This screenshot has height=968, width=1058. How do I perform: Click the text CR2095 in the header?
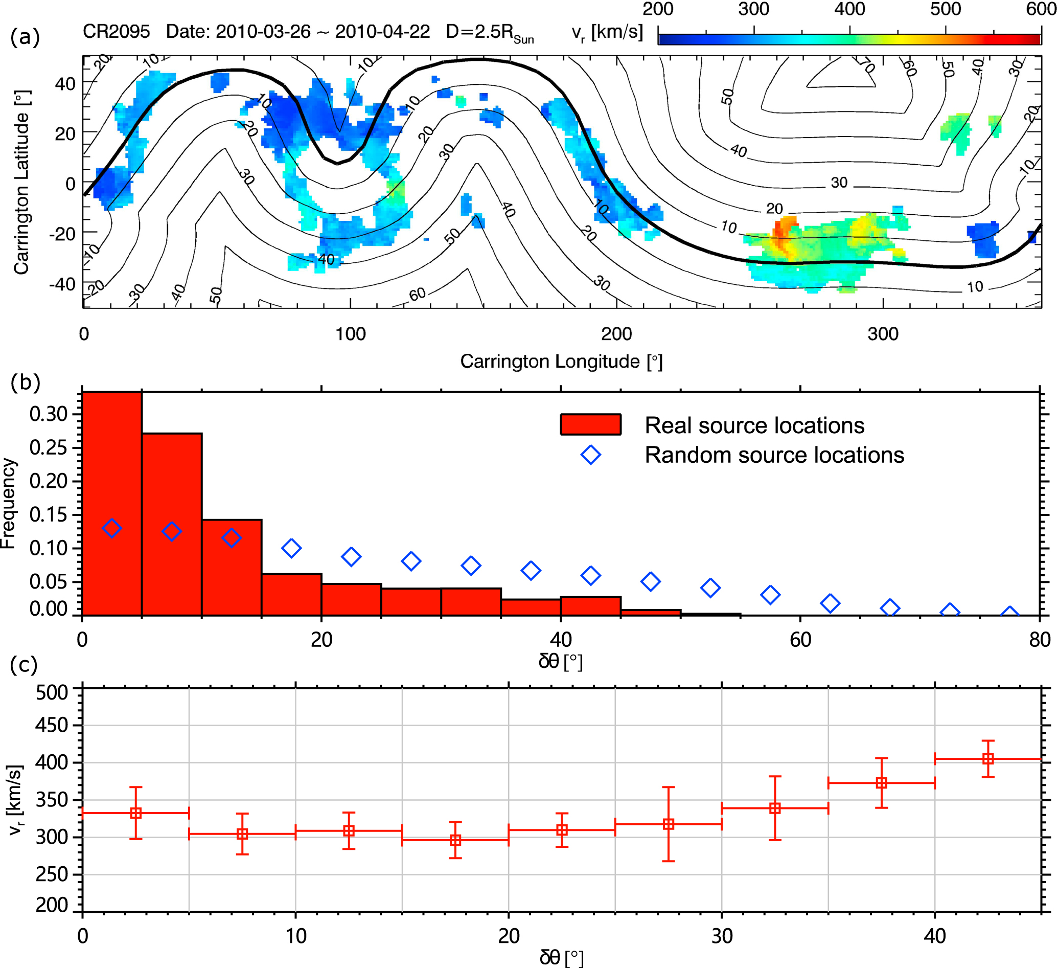(117, 32)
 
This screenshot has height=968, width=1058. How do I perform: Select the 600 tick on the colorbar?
(1041, 9)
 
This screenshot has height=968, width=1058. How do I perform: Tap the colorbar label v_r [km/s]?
(607, 33)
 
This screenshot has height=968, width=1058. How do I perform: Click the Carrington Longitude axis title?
(561, 362)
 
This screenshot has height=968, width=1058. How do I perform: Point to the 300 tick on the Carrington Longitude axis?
(883, 334)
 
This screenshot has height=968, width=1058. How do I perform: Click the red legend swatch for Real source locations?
(590, 424)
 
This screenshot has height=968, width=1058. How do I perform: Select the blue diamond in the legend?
(590, 455)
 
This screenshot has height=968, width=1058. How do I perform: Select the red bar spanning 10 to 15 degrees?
(232, 567)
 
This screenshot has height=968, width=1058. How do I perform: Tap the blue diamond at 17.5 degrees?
(291, 549)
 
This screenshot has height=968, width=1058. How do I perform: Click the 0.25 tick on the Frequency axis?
(48, 448)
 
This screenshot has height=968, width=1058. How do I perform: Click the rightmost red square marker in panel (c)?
(987, 759)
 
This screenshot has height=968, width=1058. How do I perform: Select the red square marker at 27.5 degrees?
(668, 825)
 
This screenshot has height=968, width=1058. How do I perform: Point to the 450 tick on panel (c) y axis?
(52, 726)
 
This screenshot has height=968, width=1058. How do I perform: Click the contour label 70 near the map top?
(866, 65)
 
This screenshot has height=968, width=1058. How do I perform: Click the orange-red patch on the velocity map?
(783, 234)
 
